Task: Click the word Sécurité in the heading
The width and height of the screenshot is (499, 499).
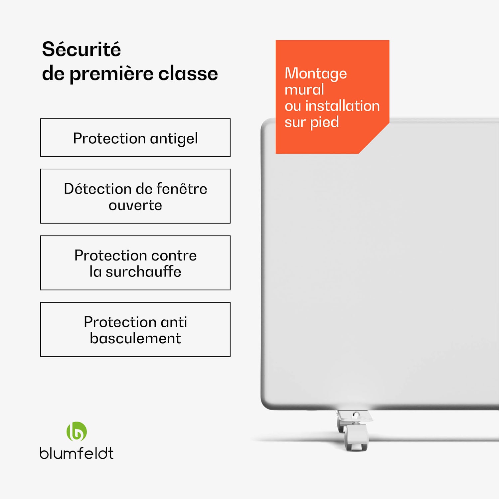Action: [x=82, y=50]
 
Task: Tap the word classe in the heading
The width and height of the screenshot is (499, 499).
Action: [x=188, y=74]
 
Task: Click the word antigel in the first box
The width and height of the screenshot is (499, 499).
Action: [x=174, y=139]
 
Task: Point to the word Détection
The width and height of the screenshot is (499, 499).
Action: [x=89, y=189]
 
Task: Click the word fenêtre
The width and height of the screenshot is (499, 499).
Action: [x=182, y=189]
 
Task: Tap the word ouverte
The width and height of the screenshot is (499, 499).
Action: [x=135, y=206]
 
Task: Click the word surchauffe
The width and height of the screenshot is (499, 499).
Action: [x=143, y=272]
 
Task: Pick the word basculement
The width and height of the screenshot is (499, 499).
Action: [x=135, y=338]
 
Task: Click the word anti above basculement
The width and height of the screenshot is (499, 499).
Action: [x=174, y=322]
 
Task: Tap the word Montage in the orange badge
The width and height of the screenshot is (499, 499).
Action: [x=316, y=74]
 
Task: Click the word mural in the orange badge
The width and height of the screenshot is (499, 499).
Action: [x=304, y=89]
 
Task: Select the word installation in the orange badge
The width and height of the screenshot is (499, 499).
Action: [x=342, y=106]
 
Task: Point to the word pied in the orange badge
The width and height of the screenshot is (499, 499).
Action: [x=324, y=122]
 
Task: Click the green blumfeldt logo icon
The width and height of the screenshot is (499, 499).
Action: [x=77, y=431]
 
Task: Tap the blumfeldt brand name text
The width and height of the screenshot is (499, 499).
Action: [x=77, y=453]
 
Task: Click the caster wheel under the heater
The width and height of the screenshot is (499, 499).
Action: [x=356, y=437]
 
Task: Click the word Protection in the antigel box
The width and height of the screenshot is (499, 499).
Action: [x=109, y=138]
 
